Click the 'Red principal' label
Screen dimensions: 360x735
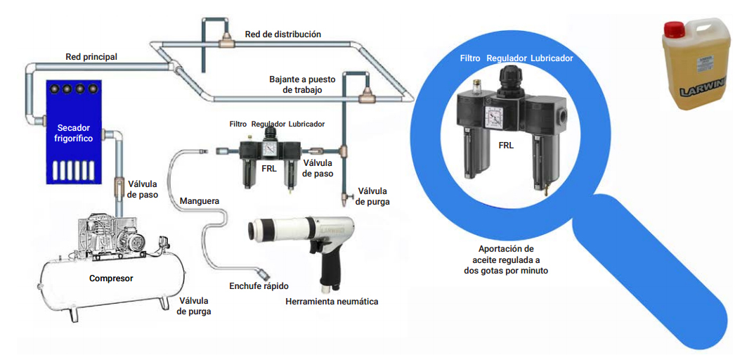(91, 56)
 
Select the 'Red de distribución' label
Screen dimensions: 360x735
(282, 34)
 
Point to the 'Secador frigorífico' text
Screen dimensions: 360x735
(74, 133)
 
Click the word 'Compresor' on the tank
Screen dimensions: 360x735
(111, 278)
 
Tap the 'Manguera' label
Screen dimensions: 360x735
(200, 201)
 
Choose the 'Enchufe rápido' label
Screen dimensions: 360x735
(259, 286)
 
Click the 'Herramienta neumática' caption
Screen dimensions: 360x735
(332, 302)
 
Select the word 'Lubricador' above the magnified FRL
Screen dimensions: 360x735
(552, 58)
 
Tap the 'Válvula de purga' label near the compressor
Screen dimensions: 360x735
(194, 306)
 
